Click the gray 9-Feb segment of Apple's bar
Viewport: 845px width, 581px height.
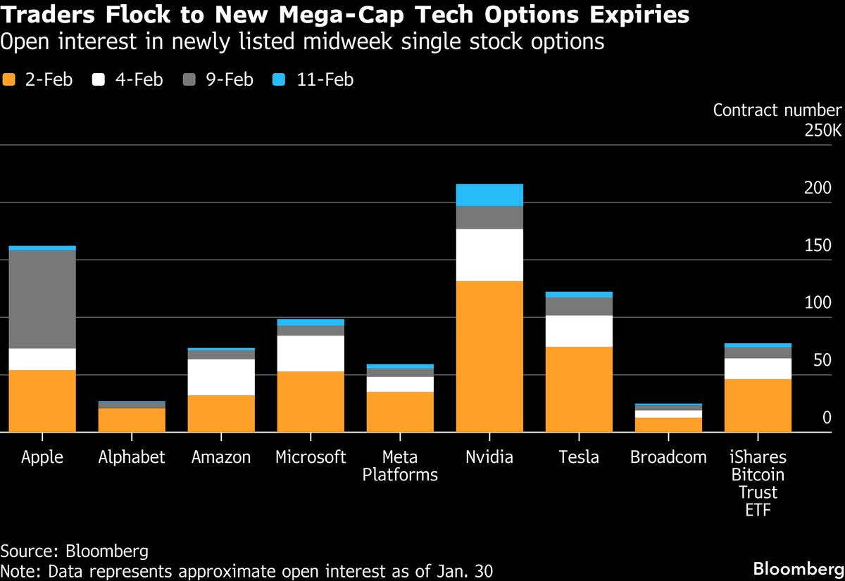click(42, 299)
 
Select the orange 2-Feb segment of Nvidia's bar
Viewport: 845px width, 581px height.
click(489, 356)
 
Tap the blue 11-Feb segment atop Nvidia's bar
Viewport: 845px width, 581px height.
click(489, 195)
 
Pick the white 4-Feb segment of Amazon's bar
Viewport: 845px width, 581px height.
click(221, 377)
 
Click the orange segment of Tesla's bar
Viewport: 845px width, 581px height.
click(579, 389)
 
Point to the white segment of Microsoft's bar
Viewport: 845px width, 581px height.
click(311, 353)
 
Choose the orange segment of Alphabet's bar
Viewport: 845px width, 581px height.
click(132, 420)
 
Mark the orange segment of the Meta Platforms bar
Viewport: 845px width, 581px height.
click(400, 411)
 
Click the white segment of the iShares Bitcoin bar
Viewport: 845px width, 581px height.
click(758, 369)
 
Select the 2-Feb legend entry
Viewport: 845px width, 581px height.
click(38, 79)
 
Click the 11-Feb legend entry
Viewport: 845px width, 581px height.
click(313, 79)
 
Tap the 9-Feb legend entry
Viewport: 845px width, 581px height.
click(219, 79)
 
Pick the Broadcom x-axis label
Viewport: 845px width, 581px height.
click(668, 457)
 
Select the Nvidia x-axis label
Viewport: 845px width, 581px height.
click(489, 457)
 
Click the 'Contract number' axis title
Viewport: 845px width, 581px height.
click(777, 110)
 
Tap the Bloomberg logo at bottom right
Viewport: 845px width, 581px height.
click(797, 568)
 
